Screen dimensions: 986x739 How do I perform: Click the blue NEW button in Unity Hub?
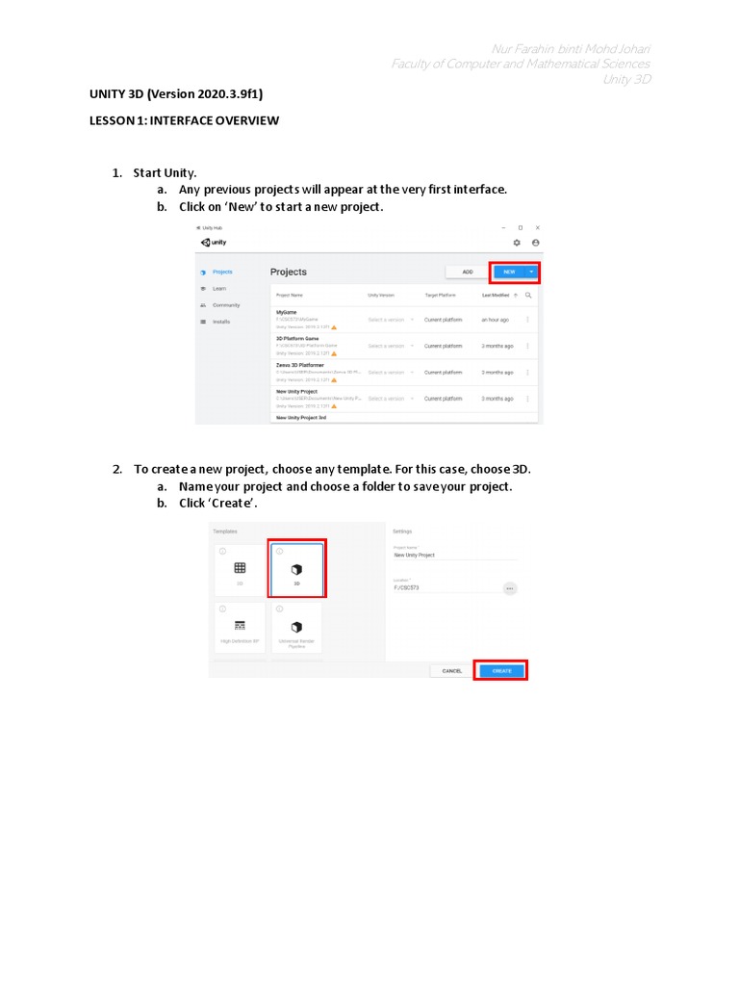click(509, 272)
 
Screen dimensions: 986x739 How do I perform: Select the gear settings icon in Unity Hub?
click(517, 243)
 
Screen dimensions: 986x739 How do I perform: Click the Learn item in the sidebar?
click(219, 289)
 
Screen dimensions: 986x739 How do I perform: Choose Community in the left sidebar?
click(226, 305)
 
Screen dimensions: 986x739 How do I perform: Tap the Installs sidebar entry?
click(221, 322)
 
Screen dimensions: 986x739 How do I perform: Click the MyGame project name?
click(287, 312)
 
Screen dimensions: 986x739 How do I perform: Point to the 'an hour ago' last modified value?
click(497, 320)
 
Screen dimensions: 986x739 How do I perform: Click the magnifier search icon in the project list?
click(528, 296)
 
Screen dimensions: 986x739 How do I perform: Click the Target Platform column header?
click(440, 296)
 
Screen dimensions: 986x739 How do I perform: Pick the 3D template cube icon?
click(296, 569)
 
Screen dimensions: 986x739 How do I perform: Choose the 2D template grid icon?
click(240, 569)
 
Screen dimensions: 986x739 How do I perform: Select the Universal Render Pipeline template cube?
click(296, 627)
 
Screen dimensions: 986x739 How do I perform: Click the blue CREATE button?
click(500, 671)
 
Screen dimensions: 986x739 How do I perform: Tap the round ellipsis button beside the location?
click(509, 588)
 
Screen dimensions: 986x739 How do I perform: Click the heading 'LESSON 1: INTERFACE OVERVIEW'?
click(184, 120)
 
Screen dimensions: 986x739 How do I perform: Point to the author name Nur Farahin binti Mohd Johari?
click(571, 49)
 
